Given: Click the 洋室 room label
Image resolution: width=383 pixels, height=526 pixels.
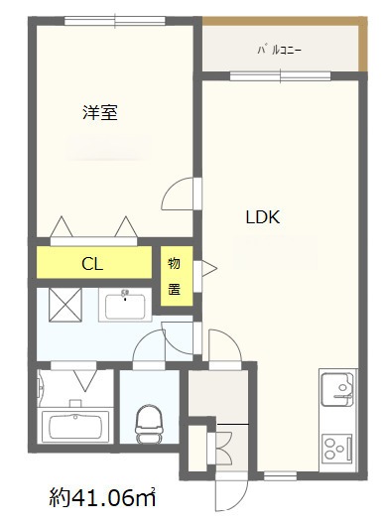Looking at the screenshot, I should (x=100, y=113).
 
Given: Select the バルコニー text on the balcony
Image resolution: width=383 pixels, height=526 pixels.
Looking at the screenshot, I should (x=279, y=48).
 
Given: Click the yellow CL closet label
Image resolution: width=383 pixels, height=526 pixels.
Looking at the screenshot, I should (x=93, y=264).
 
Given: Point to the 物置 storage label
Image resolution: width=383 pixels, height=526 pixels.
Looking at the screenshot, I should (x=175, y=276).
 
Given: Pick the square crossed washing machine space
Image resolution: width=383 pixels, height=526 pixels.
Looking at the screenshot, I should (x=59, y=302).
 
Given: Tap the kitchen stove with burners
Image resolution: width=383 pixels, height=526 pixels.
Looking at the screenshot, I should (x=338, y=445).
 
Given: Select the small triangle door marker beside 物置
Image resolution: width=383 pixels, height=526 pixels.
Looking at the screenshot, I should (x=208, y=266).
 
